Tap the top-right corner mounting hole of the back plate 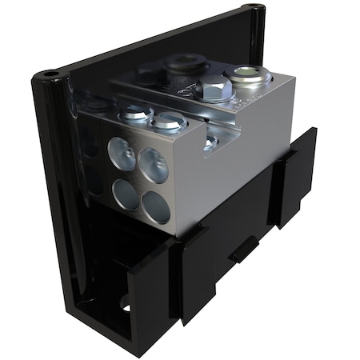point(254,10)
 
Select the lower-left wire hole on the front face point(126,193)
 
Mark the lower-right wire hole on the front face point(157,208)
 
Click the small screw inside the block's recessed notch point(210,142)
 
